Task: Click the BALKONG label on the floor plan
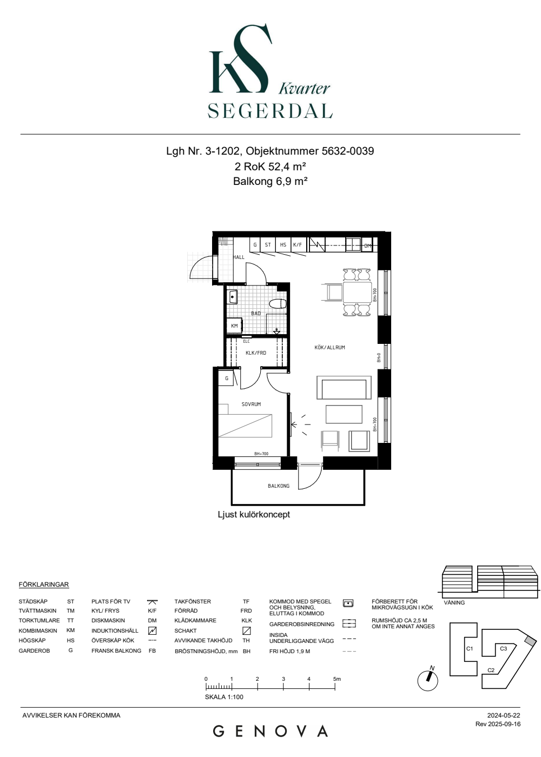click(x=278, y=486)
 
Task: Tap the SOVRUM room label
click(x=251, y=404)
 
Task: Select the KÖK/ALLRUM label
click(x=329, y=347)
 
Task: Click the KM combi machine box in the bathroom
click(x=234, y=326)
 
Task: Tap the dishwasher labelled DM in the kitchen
click(x=367, y=245)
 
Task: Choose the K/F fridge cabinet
click(x=298, y=244)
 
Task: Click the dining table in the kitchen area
click(x=357, y=293)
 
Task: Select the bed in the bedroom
click(x=245, y=426)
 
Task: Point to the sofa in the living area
click(x=344, y=388)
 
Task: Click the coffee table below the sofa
click(x=344, y=414)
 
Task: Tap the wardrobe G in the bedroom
click(x=226, y=378)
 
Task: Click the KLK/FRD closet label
click(x=255, y=353)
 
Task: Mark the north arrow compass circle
click(x=428, y=681)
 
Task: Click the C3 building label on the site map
click(x=504, y=648)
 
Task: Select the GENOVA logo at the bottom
click(x=270, y=731)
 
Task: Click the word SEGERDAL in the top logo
click(x=270, y=111)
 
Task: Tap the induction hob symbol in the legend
click(x=152, y=630)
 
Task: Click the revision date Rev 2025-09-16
click(x=498, y=724)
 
